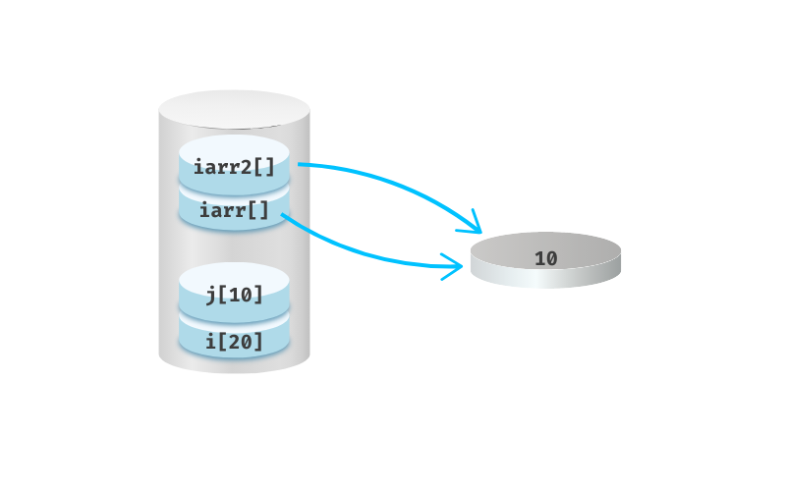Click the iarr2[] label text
pos(234,166)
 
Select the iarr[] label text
pos(234,210)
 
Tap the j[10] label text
pos(234,294)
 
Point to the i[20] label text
pos(234,342)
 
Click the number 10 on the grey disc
pos(545,258)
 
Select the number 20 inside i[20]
pos(240,342)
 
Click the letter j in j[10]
pos(210,294)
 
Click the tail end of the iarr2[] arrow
pos(299,165)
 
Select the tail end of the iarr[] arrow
pos(282,215)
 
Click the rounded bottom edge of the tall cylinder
pos(234,367)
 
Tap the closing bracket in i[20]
pos(258,342)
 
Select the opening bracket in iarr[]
pos(252,210)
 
